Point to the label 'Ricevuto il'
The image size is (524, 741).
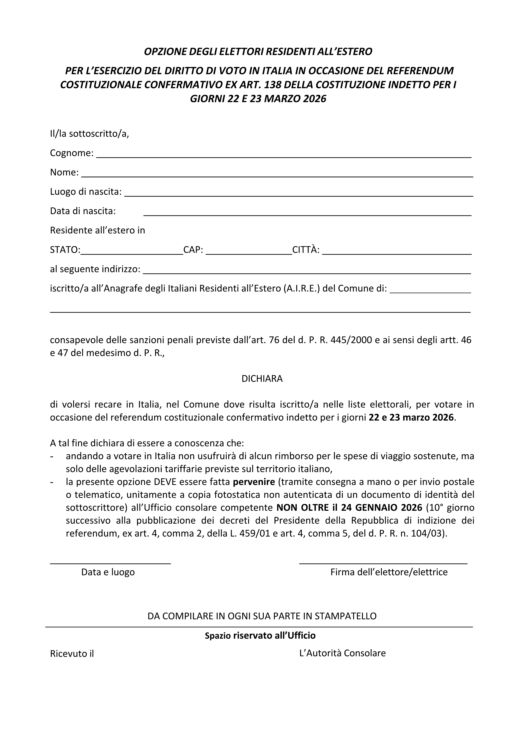(72, 654)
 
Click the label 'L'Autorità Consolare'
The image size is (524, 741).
(342, 653)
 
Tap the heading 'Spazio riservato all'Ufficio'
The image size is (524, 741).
(260, 635)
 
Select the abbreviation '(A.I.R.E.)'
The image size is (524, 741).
(302, 288)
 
